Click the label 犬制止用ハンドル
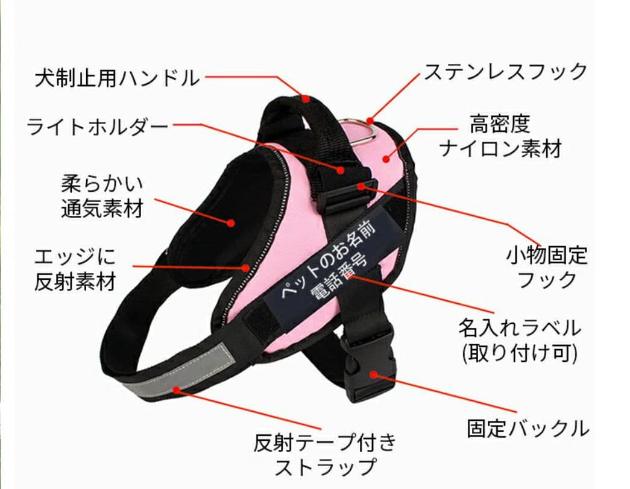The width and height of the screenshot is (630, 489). (116, 78)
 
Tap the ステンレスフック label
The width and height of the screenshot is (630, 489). (505, 72)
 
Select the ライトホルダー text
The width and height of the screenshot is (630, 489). (98, 127)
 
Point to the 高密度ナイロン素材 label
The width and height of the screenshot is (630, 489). (500, 136)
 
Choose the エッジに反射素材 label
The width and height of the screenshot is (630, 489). (75, 270)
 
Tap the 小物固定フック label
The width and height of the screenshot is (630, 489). (546, 267)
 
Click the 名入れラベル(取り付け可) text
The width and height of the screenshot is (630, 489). (519, 340)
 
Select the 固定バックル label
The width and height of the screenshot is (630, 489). (528, 429)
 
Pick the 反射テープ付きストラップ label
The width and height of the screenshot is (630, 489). (326, 454)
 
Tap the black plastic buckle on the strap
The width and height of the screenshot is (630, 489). (368, 365)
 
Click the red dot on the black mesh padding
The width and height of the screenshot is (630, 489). (231, 222)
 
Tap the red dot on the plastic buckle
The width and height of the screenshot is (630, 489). (373, 374)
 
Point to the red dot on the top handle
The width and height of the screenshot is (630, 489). (306, 98)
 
